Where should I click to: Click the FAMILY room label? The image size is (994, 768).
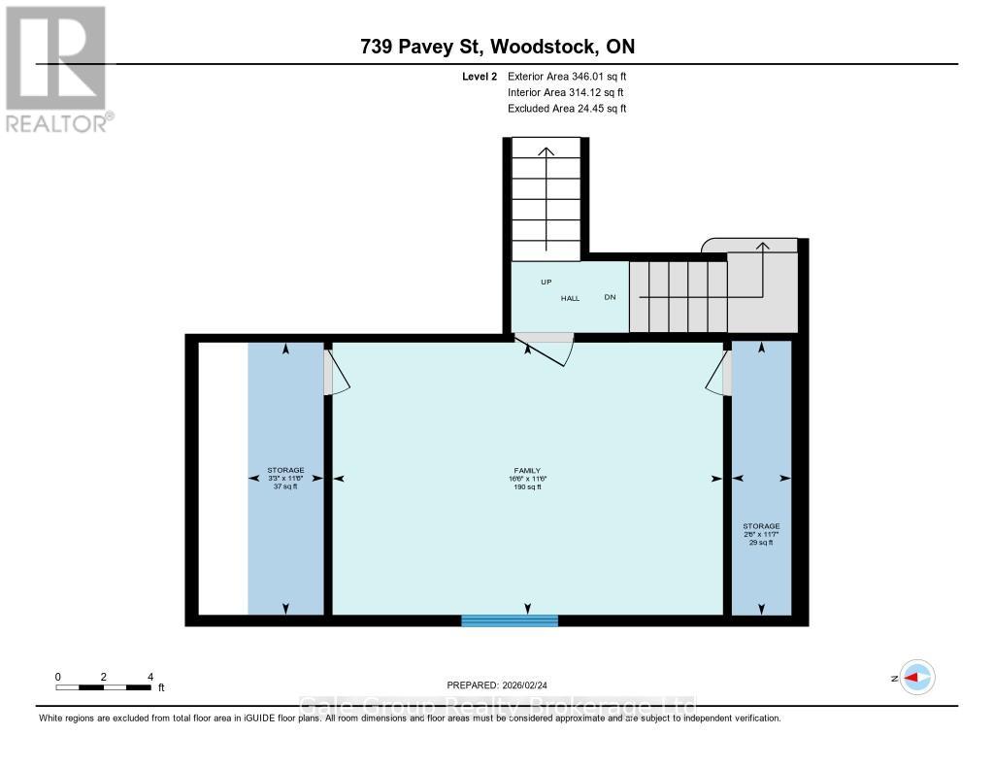coord(527,470)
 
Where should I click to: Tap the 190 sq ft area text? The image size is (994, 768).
coord(527,486)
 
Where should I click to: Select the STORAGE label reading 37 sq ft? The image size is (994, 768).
coord(285,479)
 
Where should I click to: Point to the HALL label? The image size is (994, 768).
coord(570,298)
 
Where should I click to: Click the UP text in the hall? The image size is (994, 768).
coord(547,282)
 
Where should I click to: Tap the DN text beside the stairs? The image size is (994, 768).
coord(610,297)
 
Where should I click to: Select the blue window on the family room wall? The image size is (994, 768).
coord(510,620)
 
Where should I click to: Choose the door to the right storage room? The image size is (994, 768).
coord(718,374)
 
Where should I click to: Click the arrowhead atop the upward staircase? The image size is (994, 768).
coord(547,150)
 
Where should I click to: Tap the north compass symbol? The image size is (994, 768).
coord(915,678)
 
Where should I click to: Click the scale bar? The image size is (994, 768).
coord(104,687)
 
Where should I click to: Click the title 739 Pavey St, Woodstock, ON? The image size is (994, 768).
coord(496,47)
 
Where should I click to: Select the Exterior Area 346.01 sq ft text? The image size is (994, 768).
coord(568,76)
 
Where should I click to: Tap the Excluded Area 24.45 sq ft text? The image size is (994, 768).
coord(567,109)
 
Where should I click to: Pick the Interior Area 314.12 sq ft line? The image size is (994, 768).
coord(567,92)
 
